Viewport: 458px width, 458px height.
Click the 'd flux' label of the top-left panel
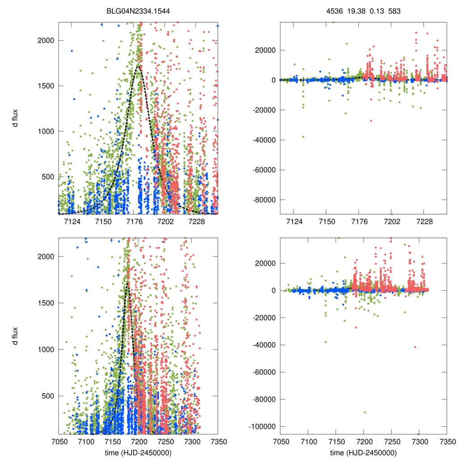[15, 119]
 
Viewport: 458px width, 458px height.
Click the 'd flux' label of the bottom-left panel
[15, 335]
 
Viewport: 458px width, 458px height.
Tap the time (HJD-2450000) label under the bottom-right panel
[364, 453]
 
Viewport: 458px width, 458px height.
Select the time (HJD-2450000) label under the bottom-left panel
[138, 453]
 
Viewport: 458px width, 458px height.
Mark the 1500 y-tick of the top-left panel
[46, 86]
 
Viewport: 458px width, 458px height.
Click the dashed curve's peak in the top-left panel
[139, 66]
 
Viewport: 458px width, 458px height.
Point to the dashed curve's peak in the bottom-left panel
[127, 283]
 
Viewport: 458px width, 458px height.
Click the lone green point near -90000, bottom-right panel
[365, 412]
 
